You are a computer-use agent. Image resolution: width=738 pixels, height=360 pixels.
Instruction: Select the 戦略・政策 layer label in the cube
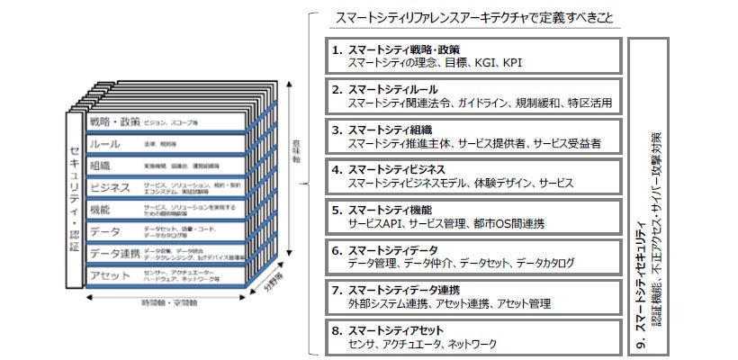(115, 121)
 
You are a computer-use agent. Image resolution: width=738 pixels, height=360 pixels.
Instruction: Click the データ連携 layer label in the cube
(115, 253)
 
